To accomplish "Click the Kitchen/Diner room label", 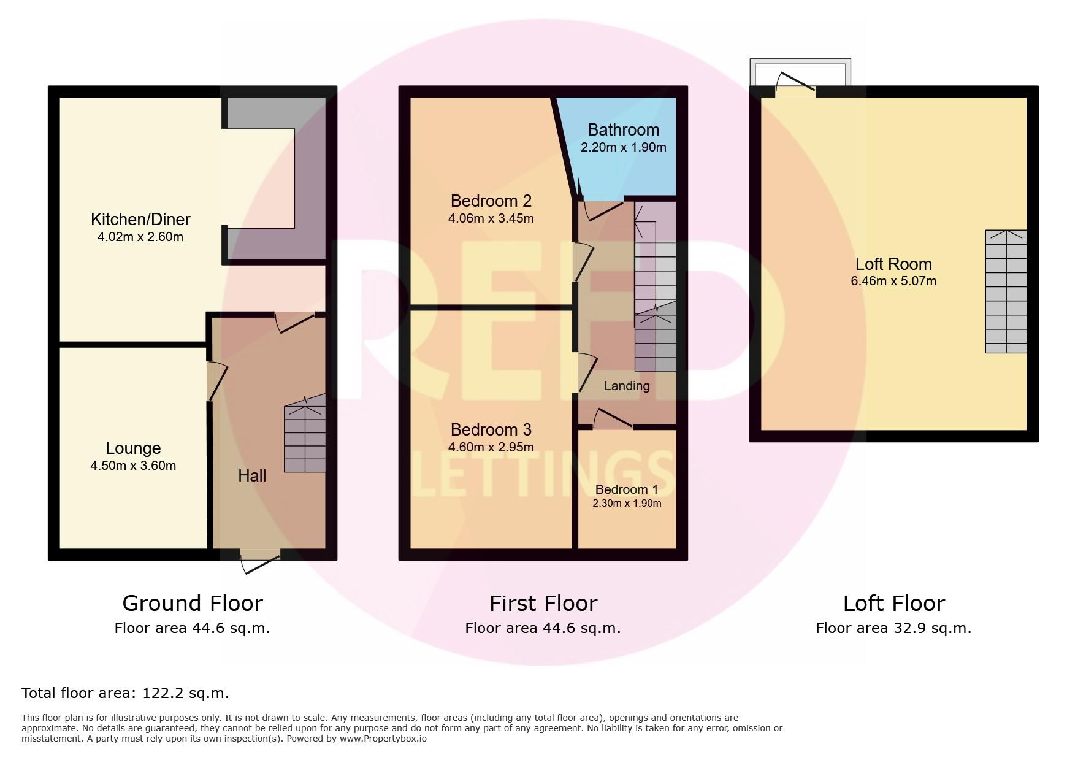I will [140, 219].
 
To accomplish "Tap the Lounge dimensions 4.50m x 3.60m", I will [133, 466].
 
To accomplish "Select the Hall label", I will [252, 475].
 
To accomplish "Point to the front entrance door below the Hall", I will [260, 560].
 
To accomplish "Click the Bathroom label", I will [623, 129].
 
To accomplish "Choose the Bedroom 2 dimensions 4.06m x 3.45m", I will [491, 218].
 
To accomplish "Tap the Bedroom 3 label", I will [491, 429].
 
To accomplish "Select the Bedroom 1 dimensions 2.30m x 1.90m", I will [627, 503].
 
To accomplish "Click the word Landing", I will [626, 386].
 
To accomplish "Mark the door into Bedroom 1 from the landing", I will [613, 420].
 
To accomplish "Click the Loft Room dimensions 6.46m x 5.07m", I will [893, 281].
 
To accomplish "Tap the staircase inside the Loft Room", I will [1005, 292].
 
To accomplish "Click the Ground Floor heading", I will [193, 603].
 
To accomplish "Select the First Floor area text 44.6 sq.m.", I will [543, 628].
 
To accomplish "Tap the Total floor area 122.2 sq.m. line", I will [125, 693].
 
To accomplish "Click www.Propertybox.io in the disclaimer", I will [383, 739].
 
